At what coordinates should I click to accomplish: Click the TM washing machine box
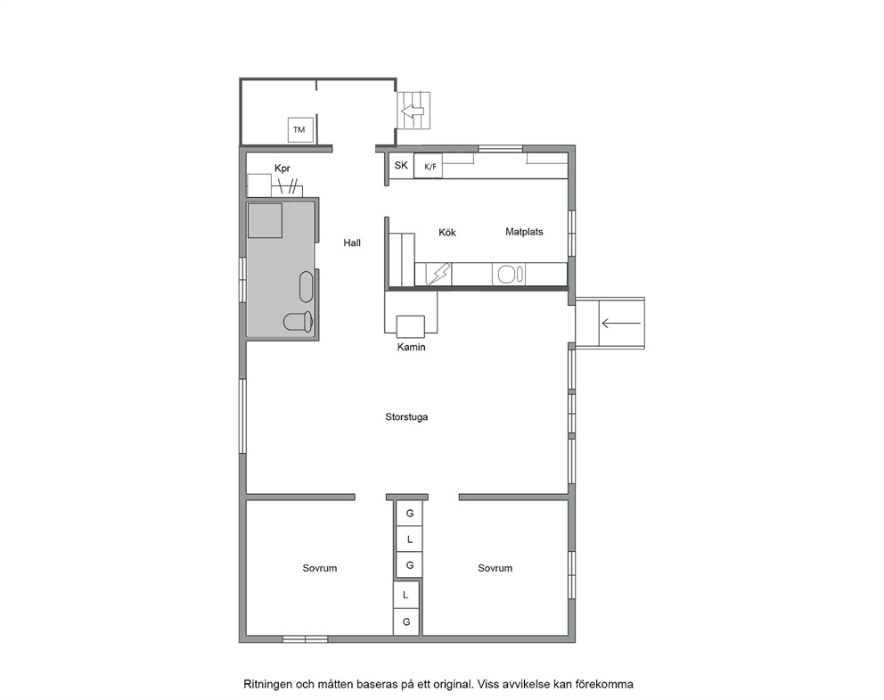pos(299,129)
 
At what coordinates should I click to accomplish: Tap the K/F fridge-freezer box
pos(429,167)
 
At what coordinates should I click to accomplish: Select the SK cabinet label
pos(401,165)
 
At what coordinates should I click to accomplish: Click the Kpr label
pos(282,169)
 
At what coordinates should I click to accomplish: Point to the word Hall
pos(352,243)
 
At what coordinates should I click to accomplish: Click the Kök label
pos(447,232)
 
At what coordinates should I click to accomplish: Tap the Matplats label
pos(524,232)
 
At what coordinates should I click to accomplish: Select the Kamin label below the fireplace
pos(411,347)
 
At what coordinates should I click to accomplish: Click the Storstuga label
pos(406,416)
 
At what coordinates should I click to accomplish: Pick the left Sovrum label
pos(320,568)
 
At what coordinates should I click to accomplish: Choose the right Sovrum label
pos(495,568)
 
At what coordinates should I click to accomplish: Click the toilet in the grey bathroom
pos(298,322)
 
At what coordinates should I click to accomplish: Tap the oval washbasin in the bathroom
pos(306,286)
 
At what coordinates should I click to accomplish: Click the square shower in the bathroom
pos(265,220)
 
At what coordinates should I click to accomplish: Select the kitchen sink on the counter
pos(511,275)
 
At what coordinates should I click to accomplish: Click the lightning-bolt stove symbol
pos(438,275)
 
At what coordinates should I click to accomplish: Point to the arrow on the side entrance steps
pos(621,324)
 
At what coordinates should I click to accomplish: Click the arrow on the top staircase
pos(413,111)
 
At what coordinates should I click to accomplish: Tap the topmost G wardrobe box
pos(410,514)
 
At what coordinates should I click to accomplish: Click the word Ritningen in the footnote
pos(268,685)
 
